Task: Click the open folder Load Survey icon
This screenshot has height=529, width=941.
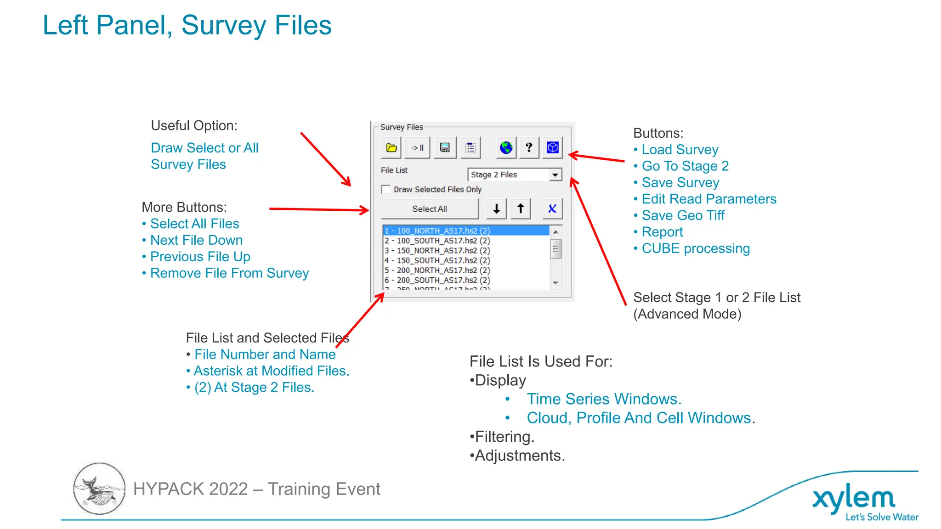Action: pyautogui.click(x=391, y=148)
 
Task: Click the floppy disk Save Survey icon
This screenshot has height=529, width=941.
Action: pyautogui.click(x=445, y=148)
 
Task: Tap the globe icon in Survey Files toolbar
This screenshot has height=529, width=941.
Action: pyautogui.click(x=506, y=148)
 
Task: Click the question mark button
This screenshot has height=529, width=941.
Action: pyautogui.click(x=529, y=148)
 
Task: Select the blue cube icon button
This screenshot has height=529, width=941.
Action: pyautogui.click(x=553, y=148)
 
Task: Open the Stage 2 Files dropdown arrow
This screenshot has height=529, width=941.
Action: pyautogui.click(x=556, y=175)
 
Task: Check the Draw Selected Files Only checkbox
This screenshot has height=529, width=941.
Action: pyautogui.click(x=386, y=189)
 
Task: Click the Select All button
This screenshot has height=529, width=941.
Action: pyautogui.click(x=430, y=209)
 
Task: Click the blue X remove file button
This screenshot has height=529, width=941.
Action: pyautogui.click(x=552, y=209)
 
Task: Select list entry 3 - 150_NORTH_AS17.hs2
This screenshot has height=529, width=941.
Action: pyautogui.click(x=437, y=251)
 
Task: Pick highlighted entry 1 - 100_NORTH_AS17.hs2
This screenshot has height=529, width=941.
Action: pyautogui.click(x=437, y=231)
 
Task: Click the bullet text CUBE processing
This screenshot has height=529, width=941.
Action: pyautogui.click(x=695, y=248)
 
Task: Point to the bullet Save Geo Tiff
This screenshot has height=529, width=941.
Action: pyautogui.click(x=683, y=215)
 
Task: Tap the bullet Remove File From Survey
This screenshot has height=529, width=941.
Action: pyautogui.click(x=229, y=273)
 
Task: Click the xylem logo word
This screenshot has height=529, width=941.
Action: pyautogui.click(x=853, y=499)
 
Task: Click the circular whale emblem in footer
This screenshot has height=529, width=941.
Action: pyautogui.click(x=99, y=489)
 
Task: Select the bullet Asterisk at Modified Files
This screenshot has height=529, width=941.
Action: pyautogui.click(x=271, y=371)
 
